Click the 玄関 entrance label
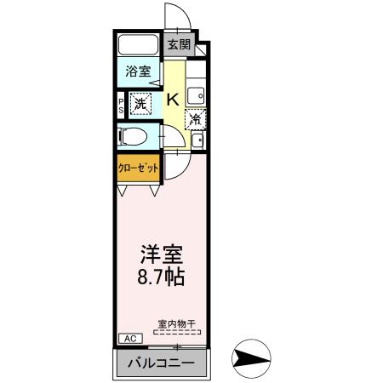click(177, 44)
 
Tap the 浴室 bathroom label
click(139, 71)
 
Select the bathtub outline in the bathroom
click(139, 45)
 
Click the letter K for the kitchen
click(172, 100)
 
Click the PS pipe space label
click(122, 106)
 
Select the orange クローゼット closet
click(138, 168)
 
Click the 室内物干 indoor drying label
click(177, 324)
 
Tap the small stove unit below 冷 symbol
click(197, 140)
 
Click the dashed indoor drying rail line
click(177, 333)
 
